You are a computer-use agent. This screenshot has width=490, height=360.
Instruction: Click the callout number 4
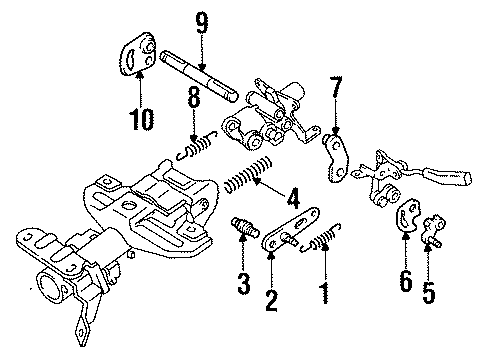[294, 196]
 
